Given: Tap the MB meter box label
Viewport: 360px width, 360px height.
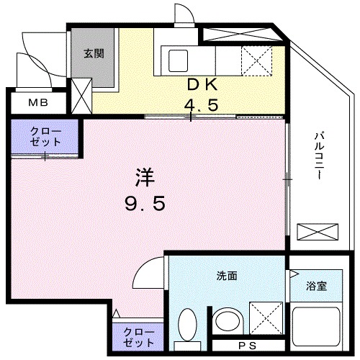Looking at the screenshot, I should (x=35, y=102).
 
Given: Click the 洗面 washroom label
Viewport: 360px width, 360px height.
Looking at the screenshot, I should (x=227, y=275).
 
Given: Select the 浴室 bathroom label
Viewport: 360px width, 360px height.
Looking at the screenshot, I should (x=316, y=285).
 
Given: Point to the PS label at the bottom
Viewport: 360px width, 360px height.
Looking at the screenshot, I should (x=248, y=346).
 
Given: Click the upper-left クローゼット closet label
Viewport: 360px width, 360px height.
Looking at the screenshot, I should (x=45, y=137).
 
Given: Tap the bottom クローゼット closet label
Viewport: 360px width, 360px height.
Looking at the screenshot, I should (x=138, y=337).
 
